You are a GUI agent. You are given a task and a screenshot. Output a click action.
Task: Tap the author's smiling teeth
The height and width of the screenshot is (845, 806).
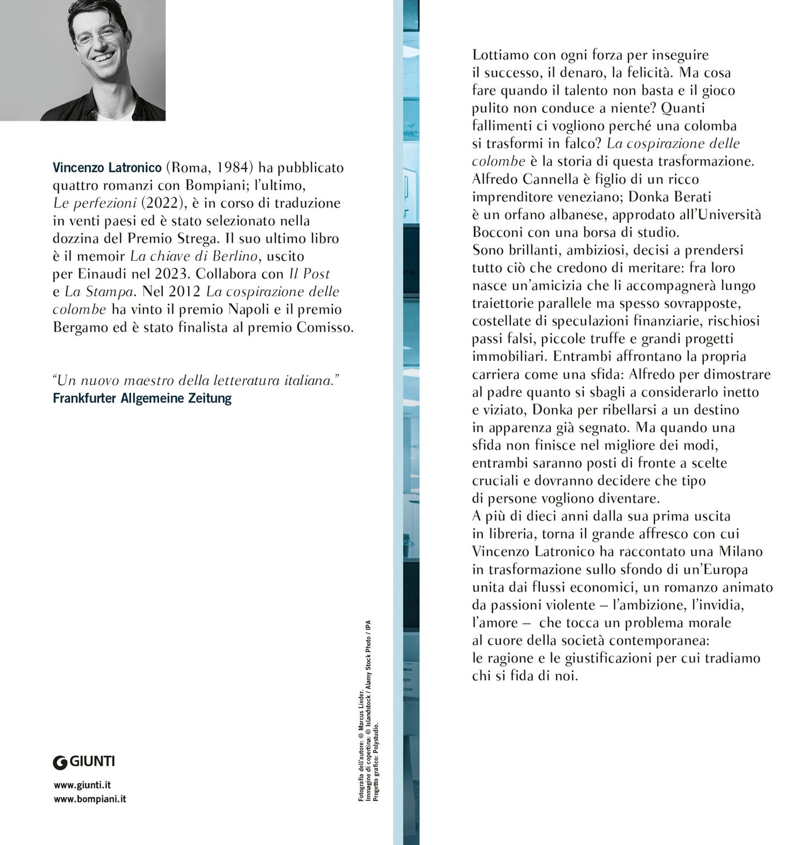[x=104, y=57]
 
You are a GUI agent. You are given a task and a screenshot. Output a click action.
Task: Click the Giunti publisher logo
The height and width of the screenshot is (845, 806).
[x=84, y=761]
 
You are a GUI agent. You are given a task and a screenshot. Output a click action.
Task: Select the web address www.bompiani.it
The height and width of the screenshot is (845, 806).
[x=90, y=799]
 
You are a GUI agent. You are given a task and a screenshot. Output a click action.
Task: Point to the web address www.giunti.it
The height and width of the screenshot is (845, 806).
[x=83, y=785]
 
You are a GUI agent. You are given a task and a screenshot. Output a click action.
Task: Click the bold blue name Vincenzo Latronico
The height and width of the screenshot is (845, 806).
[x=107, y=167]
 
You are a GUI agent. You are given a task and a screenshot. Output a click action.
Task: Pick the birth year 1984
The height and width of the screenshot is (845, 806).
[x=233, y=167]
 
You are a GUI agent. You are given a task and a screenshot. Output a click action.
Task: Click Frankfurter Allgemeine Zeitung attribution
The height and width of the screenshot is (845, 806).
[x=142, y=399]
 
